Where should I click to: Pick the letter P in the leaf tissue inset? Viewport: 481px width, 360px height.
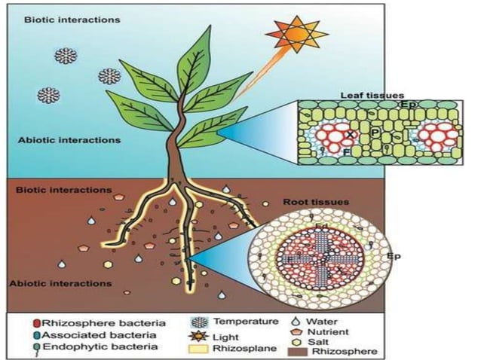[375, 133]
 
